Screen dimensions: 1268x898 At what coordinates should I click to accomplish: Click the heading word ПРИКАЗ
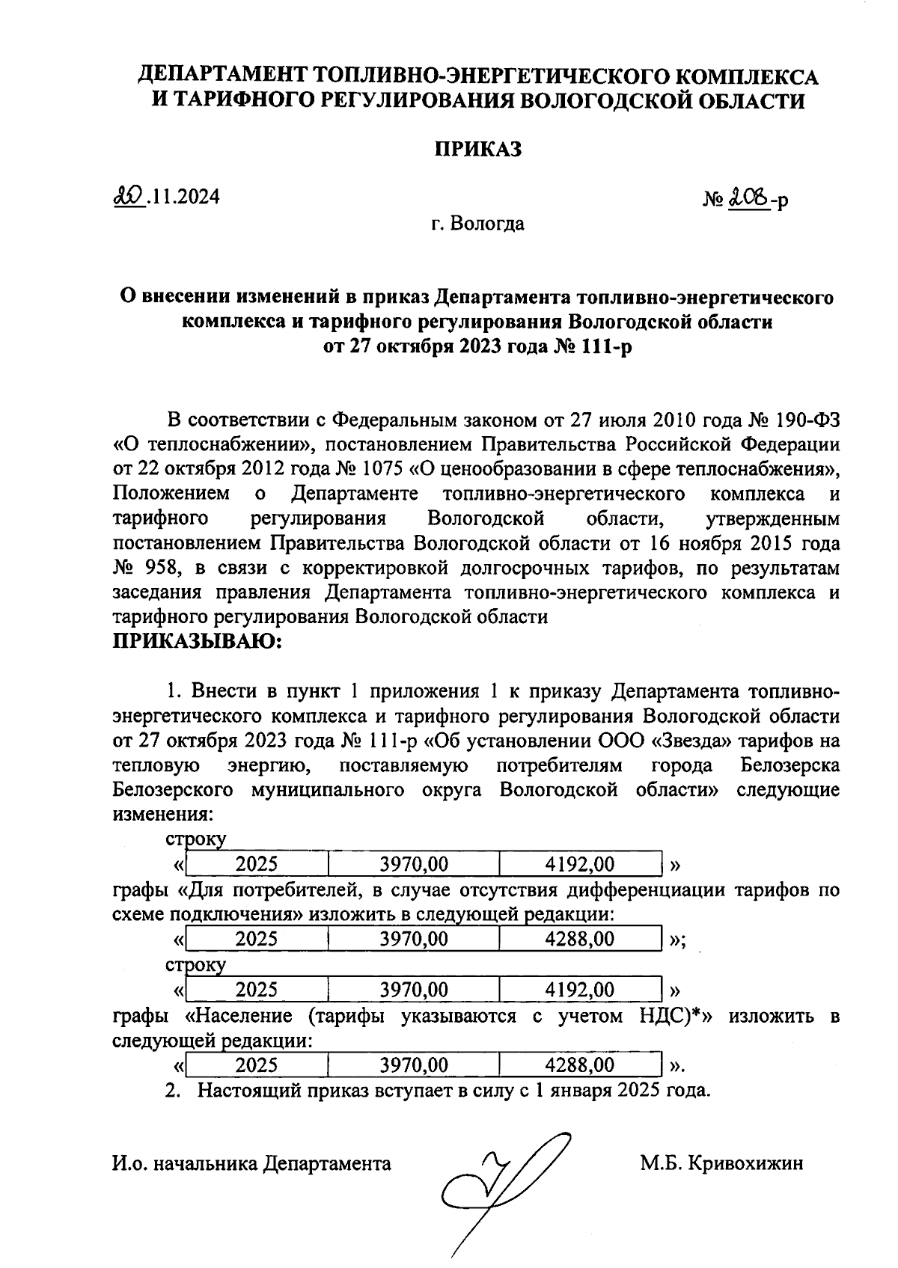point(479,149)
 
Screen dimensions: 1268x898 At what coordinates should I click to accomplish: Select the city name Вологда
point(487,223)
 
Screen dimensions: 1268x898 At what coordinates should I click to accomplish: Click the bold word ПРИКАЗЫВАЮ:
point(197,642)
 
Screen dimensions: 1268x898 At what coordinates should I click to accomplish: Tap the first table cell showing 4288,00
point(580,938)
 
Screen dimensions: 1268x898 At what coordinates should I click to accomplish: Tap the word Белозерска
point(789,765)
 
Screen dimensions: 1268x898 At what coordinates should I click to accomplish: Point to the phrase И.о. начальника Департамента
point(251,1163)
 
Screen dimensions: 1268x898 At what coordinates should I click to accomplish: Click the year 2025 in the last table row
point(257,1065)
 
